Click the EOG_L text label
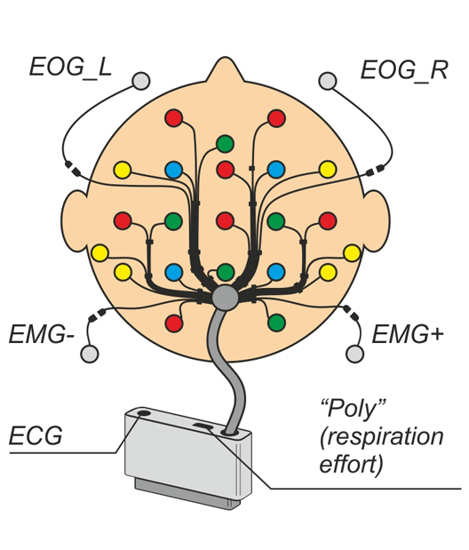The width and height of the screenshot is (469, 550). tap(70, 67)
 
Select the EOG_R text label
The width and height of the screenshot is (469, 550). tap(404, 70)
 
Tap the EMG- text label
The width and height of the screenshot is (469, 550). tap(42, 334)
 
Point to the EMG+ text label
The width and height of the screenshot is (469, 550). tap(408, 334)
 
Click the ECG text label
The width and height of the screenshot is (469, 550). tap(36, 435)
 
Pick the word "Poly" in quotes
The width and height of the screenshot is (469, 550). tap(353, 409)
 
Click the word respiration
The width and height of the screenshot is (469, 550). tap(382, 437)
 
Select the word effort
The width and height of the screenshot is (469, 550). tap(351, 464)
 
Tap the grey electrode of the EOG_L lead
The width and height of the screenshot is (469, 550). tap(141, 81)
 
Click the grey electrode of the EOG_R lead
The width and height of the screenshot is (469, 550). tap(328, 81)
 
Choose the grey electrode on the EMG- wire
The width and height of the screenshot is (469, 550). tap(90, 354)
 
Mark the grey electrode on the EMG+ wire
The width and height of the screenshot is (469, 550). tap(354, 354)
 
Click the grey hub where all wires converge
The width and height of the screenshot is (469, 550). tap(226, 298)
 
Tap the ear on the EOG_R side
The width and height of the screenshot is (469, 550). tap(378, 221)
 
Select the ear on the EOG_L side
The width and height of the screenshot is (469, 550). tap(75, 221)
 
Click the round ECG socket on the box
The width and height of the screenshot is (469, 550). tap(143, 412)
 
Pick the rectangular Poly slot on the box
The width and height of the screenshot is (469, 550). tap(203, 426)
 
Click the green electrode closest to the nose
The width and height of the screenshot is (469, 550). tap(225, 144)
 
